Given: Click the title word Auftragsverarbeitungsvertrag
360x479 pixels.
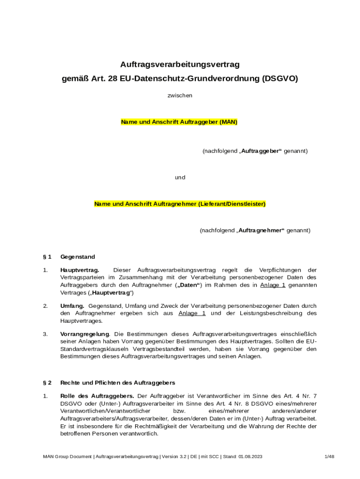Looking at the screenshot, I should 180,64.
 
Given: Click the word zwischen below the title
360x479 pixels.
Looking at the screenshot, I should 180,95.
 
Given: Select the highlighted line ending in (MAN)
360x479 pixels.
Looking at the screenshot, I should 180,122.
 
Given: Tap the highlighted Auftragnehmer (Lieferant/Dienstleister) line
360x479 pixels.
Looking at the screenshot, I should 180,204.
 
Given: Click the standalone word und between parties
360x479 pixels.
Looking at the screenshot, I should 180,177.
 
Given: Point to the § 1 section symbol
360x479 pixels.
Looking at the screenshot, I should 47,257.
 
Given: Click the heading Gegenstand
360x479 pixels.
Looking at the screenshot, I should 78,257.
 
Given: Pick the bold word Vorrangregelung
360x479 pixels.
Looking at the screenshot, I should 85,334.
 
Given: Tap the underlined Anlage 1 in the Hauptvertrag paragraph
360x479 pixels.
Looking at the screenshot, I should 273,285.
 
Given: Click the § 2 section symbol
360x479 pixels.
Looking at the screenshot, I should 47,383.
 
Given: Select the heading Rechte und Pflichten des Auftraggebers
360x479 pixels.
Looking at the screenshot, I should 118,383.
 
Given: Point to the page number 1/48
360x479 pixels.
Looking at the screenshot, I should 329,456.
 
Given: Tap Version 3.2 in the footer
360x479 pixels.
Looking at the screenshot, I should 174,456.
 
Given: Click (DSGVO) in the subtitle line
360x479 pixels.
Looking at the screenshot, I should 280,79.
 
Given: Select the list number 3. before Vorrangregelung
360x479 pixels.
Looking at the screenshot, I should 45,334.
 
